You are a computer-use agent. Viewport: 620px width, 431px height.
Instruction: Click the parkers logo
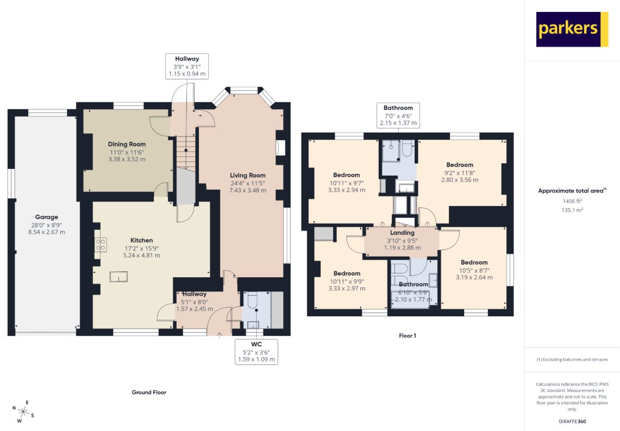572,29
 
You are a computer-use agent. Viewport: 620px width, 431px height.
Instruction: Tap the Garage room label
47,217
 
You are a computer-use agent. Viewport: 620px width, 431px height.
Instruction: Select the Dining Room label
127,145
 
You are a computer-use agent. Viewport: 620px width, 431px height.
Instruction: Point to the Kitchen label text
142,240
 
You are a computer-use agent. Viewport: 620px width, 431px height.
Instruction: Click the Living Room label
248,175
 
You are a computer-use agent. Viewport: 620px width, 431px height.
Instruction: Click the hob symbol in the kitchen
101,245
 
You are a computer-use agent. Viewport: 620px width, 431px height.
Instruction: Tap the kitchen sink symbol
118,277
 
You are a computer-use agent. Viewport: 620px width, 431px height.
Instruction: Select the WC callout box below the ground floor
256,352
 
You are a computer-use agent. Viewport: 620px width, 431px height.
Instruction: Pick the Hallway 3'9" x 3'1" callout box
187,66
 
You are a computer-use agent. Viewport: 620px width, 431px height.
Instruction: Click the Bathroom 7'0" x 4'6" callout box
398,115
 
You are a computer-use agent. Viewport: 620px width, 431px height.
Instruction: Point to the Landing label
402,233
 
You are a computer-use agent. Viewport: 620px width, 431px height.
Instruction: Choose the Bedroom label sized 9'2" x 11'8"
460,165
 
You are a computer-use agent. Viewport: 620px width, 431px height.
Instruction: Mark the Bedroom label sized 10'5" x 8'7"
474,263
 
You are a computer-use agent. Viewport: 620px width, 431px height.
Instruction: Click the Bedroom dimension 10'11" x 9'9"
347,282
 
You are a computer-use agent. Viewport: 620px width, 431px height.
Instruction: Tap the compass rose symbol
23,412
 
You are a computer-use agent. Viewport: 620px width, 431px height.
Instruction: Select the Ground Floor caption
149,392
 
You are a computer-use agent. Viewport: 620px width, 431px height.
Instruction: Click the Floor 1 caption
408,336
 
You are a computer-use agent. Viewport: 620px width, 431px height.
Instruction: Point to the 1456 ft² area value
572,201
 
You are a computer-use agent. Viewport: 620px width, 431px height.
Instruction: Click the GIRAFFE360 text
572,422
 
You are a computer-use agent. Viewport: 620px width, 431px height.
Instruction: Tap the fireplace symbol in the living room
280,147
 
